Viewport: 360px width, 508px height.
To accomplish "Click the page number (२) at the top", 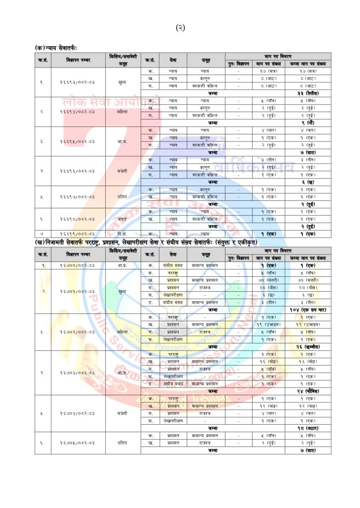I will click(x=180, y=28).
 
